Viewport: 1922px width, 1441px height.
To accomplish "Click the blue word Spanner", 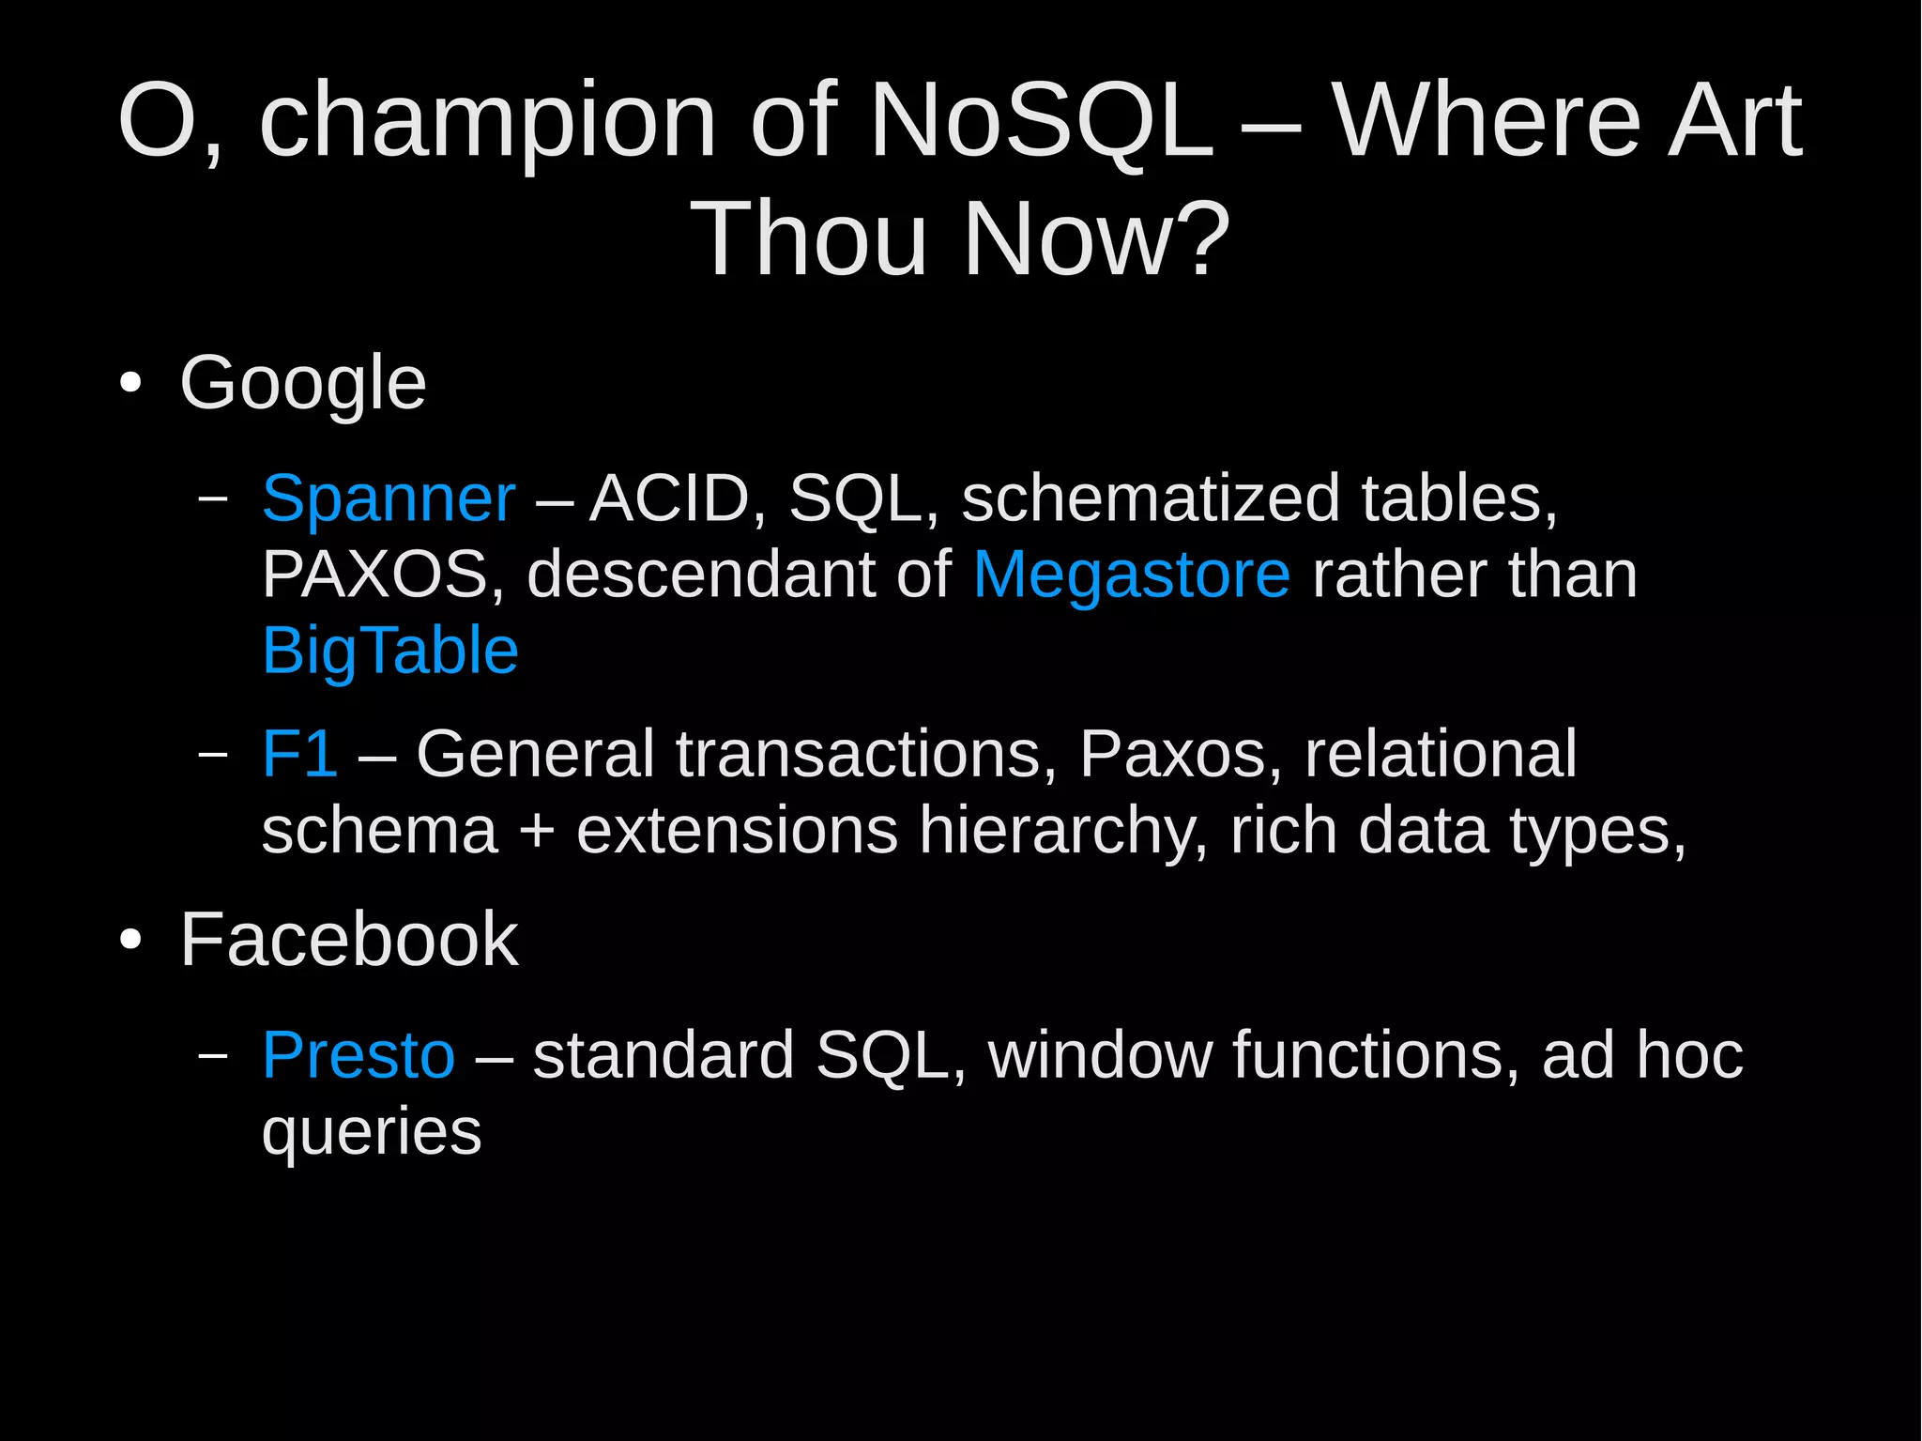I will [389, 498].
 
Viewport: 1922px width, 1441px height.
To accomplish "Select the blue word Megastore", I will [1131, 575].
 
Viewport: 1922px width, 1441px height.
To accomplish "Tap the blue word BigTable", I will [390, 651].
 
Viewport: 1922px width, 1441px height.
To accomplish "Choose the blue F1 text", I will [299, 754].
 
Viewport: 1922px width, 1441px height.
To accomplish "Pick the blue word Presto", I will [358, 1055].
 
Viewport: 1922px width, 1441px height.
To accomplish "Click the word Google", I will [302, 383].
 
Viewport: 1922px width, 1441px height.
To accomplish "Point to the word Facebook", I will [348, 940].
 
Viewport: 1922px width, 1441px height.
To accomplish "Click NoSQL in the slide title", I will [1041, 122].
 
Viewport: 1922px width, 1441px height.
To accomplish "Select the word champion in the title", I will [488, 122].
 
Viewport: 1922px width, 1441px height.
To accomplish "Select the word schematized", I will [1151, 498].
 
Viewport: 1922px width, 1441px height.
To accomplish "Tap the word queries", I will [372, 1131].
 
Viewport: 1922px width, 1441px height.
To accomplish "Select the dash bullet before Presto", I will [214, 1055].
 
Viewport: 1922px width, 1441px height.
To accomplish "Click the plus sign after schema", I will [537, 832].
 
